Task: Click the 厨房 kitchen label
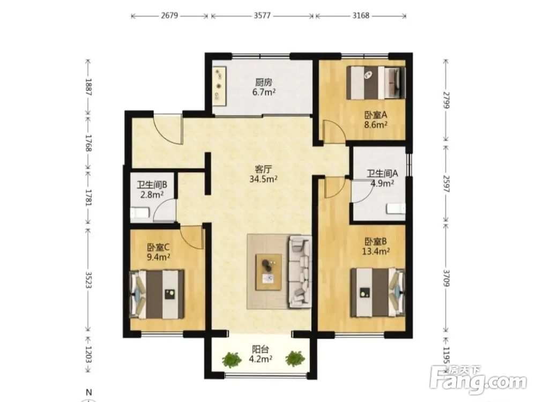264,83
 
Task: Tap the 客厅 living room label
264,169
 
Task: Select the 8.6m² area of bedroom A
376,124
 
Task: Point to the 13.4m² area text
376,251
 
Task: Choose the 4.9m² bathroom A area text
383,183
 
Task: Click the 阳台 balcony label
260,349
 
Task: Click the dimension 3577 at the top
263,16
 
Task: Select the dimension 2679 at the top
169,16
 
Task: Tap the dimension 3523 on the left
88,280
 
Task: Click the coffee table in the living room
269,272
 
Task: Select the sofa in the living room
300,271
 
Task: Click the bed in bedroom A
376,83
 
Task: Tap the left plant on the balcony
232,360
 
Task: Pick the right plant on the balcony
295,359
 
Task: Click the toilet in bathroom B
140,213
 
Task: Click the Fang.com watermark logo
479,379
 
